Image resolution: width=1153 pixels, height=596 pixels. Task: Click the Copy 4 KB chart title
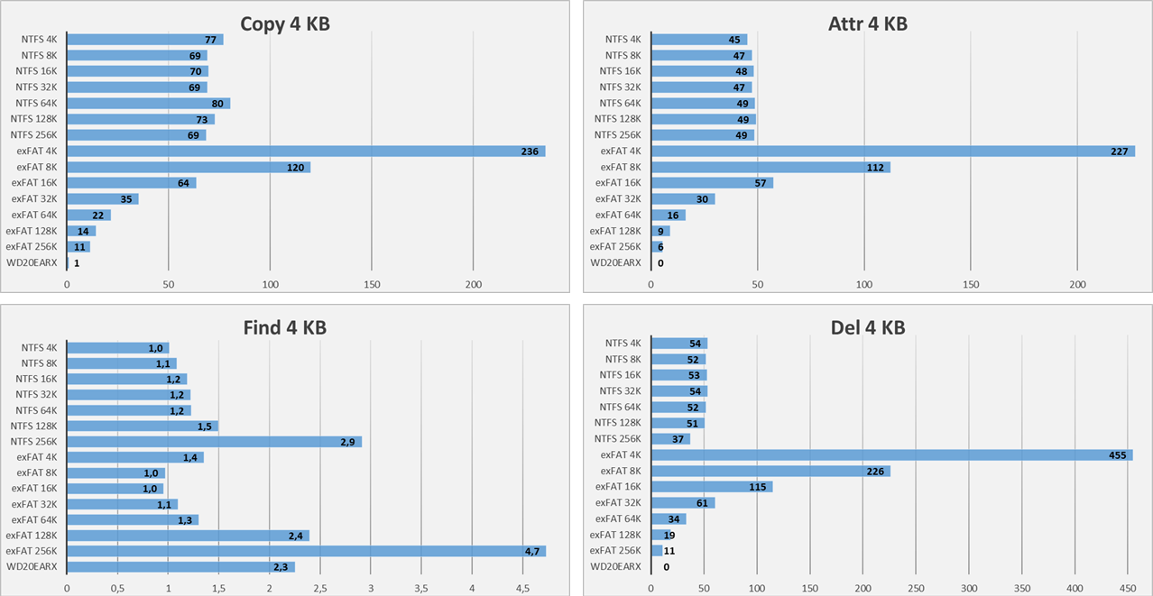[284, 23]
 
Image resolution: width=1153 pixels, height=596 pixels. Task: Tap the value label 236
[530, 151]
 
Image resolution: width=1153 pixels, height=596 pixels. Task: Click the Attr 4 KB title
[867, 23]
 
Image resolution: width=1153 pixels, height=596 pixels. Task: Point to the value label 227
[1120, 151]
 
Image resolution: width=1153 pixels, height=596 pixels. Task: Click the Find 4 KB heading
[284, 327]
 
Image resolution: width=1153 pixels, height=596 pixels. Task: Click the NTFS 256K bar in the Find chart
[214, 442]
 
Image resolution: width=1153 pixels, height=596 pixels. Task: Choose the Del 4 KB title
[867, 327]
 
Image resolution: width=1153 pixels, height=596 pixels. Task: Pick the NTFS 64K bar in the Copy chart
[148, 104]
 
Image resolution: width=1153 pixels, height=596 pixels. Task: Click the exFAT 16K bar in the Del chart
[711, 487]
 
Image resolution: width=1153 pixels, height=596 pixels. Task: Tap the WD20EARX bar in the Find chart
[180, 567]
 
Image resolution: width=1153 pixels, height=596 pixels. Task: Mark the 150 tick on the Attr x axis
[971, 284]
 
